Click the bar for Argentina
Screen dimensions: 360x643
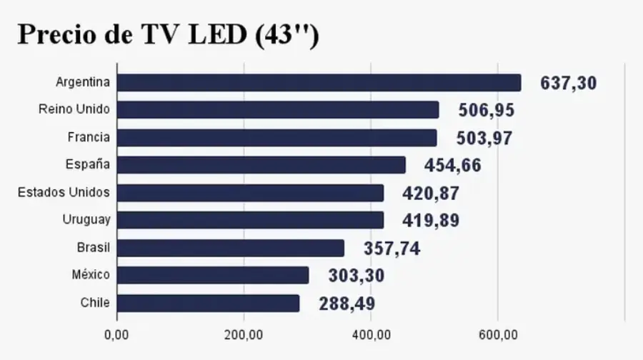[319, 83]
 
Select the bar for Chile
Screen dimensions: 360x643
[208, 303]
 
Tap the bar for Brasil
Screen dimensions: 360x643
[230, 248]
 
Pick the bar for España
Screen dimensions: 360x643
[261, 165]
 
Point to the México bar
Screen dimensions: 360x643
[212, 276]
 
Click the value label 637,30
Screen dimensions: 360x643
[568, 83]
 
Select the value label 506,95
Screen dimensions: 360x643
[486, 111]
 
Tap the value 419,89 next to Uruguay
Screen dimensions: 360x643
[431, 221]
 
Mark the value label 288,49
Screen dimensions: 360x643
[347, 304]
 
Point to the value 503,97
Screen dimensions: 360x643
[484, 138]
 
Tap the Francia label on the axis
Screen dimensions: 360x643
[89, 137]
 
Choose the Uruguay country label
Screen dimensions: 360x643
[86, 220]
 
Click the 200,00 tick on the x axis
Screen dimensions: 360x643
[244, 334]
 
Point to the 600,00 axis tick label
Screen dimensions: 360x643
[497, 334]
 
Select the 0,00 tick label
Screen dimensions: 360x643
[116, 334]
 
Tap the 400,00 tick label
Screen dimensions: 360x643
[371, 334]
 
